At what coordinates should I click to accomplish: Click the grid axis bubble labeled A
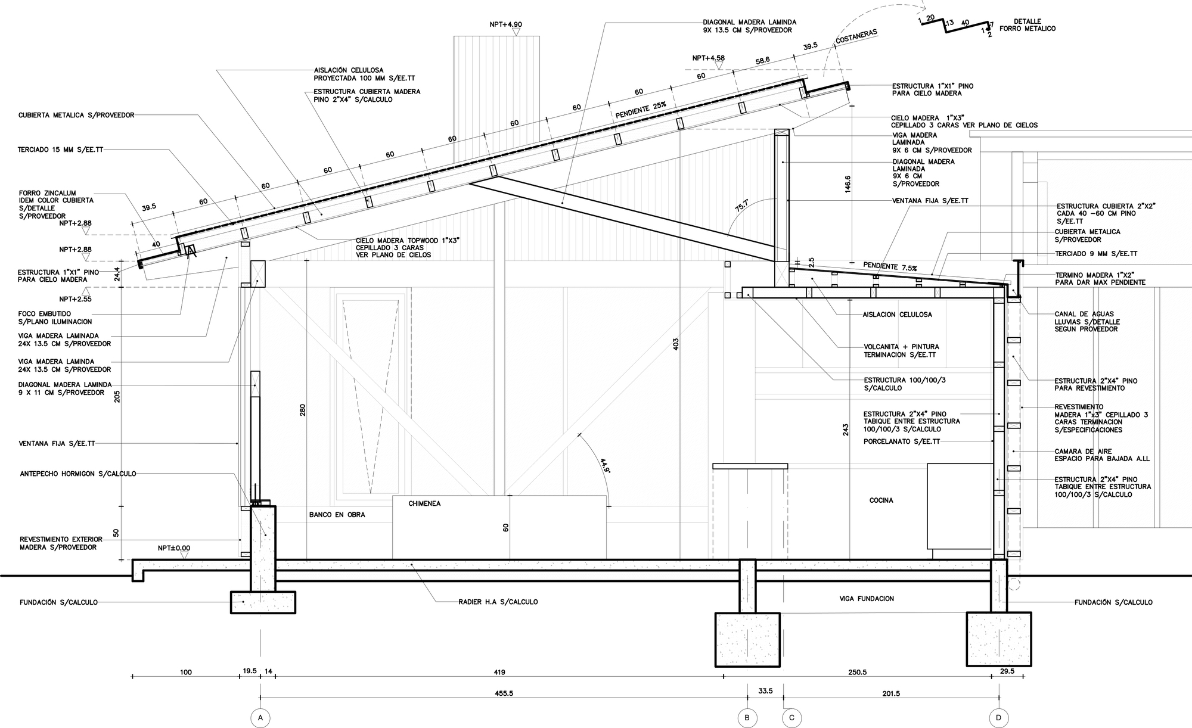[x=260, y=718]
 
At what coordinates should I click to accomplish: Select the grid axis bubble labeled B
[x=747, y=718]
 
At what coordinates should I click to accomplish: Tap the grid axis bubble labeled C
[x=791, y=718]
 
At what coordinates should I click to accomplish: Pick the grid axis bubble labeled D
[x=999, y=718]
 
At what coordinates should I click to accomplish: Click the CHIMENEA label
[x=424, y=503]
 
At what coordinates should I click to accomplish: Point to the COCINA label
[x=881, y=500]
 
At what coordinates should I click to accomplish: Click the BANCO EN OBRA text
[x=337, y=514]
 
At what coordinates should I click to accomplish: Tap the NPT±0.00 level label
[x=174, y=547]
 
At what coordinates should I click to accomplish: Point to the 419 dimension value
[x=499, y=672]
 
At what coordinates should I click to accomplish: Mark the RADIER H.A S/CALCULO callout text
[x=498, y=602]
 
